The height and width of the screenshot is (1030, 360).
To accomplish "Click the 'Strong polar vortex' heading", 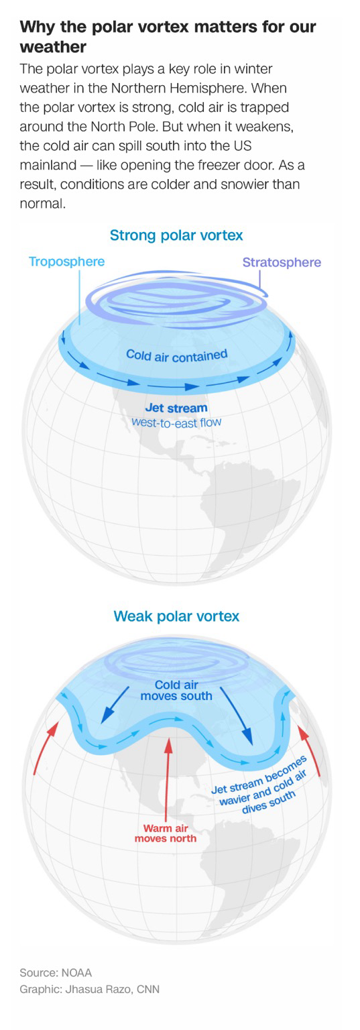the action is pyautogui.click(x=176, y=235).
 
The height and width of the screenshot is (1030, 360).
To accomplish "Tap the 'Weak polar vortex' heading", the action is pyautogui.click(x=176, y=616).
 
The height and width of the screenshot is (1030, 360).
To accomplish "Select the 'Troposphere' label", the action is pyautogui.click(x=66, y=262).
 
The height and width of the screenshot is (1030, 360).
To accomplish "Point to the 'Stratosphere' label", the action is pyautogui.click(x=282, y=262).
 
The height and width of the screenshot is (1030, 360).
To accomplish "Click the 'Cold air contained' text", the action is pyautogui.click(x=177, y=355).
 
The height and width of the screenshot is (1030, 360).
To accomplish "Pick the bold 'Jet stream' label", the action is pyautogui.click(x=176, y=408).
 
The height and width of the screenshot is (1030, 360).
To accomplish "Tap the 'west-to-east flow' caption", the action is pyautogui.click(x=176, y=422).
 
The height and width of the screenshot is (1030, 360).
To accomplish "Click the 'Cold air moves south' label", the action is pyautogui.click(x=176, y=690).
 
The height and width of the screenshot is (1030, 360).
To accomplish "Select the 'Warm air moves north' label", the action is pyautogui.click(x=166, y=834).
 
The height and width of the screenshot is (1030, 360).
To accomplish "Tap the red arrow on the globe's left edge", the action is pyautogui.click(x=46, y=747).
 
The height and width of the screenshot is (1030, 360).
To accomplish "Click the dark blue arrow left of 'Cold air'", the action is pyautogui.click(x=115, y=705).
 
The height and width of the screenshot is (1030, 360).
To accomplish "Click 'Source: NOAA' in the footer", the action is pyautogui.click(x=56, y=972).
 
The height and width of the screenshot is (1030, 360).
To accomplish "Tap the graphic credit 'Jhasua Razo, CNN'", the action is pyautogui.click(x=112, y=989).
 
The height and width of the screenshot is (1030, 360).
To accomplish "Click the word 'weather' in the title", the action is pyautogui.click(x=53, y=47).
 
